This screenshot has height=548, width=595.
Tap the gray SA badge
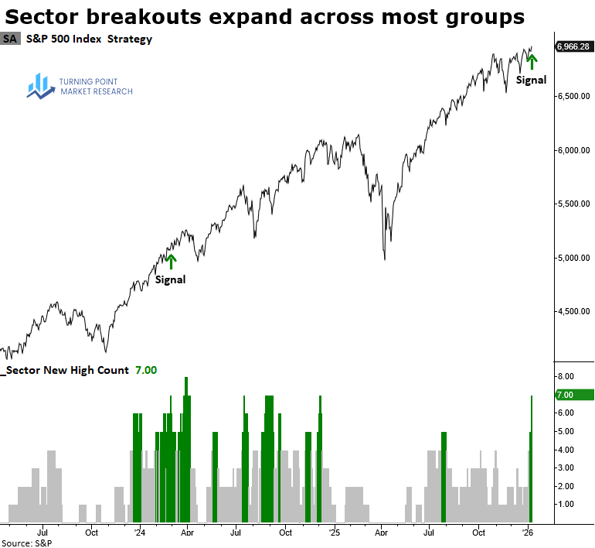point(11,39)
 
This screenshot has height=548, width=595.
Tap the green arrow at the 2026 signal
point(531,61)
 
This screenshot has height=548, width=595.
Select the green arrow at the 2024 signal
point(172,262)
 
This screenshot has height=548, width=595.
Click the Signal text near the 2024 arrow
point(170,279)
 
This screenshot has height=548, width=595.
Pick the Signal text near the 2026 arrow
point(531,80)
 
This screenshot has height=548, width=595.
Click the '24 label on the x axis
point(139,533)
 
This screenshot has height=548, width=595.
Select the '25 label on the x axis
point(334,533)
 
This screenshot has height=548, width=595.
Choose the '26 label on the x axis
point(529,533)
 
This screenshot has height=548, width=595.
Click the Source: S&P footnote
point(22,543)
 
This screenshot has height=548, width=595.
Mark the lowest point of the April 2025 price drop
point(385,259)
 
